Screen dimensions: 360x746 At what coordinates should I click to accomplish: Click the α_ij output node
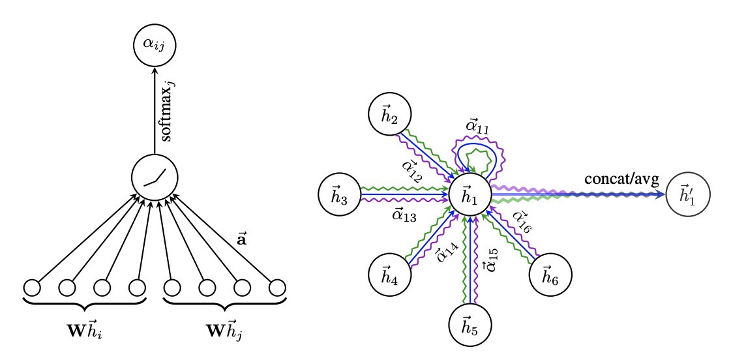pos(155,44)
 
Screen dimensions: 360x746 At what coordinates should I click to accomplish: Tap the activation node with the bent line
pos(155,177)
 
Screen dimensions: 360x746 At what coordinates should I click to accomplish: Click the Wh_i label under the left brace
pos(85,330)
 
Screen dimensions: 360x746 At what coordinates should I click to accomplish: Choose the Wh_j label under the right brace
pos(224,330)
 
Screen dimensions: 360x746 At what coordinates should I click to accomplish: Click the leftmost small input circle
pos(32,287)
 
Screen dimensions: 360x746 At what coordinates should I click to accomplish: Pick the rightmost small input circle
pos(277,287)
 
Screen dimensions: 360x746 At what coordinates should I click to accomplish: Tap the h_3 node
pos(339,195)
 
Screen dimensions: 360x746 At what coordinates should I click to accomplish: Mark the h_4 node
pos(389,275)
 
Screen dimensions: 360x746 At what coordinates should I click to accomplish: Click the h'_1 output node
pos(688,195)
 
